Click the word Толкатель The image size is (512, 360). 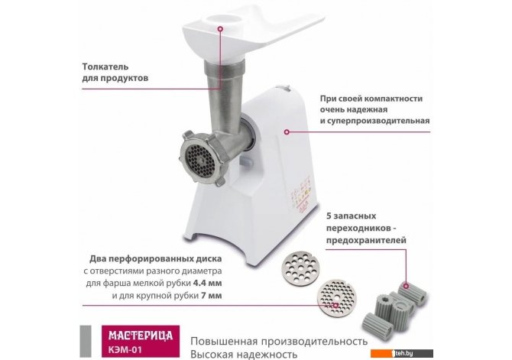click(x=105, y=66)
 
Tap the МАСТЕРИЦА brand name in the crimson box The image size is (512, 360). click(x=141, y=336)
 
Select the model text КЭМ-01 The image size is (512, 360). click(x=125, y=349)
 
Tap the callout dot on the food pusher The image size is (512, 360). click(x=220, y=29)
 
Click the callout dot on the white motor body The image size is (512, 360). click(x=287, y=132)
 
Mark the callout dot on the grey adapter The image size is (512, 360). click(x=406, y=286)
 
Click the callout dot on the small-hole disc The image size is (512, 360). click(x=335, y=306)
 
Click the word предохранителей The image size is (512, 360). click(x=366, y=240)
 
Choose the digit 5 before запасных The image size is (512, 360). click(x=329, y=216)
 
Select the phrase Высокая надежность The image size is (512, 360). click(x=244, y=354)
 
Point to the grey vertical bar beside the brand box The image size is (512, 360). click(x=86, y=342)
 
